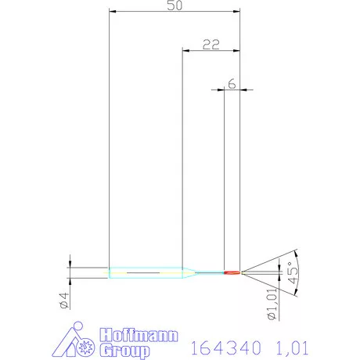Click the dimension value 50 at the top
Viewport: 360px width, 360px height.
[x=174, y=5]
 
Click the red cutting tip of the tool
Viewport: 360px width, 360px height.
[x=232, y=272]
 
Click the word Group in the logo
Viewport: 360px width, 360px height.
[x=123, y=347]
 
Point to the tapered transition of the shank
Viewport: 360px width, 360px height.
[x=188, y=272]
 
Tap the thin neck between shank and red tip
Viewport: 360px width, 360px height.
[x=209, y=272]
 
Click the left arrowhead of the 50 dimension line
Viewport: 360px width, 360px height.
[x=111, y=13]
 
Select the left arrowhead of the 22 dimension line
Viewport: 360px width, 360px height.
[x=185, y=50]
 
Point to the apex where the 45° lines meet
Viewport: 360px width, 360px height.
[x=242, y=272]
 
